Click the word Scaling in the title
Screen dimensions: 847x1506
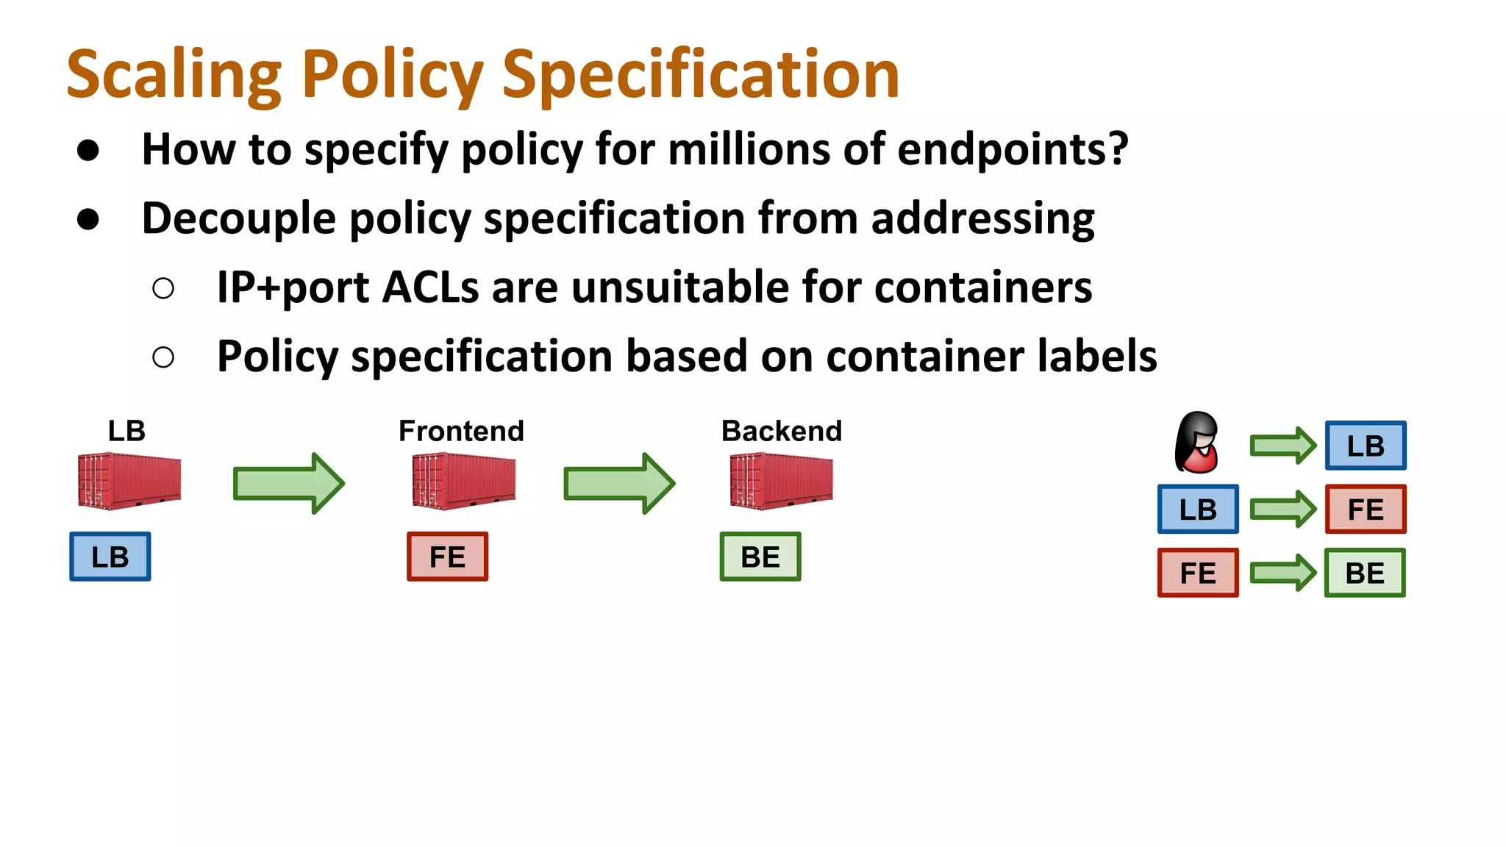point(174,74)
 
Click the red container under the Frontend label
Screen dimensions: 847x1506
point(463,482)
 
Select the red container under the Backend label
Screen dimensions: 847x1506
point(781,482)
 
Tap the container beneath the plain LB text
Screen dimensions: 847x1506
point(129,482)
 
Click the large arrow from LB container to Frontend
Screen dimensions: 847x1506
point(288,483)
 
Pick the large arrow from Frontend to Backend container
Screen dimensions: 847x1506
point(618,483)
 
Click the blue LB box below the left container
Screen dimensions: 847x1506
point(110,557)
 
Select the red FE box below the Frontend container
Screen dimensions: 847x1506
point(447,557)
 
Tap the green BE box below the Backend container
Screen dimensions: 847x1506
point(760,557)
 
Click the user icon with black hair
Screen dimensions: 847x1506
point(1197,443)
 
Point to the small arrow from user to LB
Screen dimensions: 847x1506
point(1282,446)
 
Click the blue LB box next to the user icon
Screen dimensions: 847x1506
point(1366,446)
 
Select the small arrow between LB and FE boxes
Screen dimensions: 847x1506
point(1282,509)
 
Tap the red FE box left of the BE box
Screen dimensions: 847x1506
point(1198,573)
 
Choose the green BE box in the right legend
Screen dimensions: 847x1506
point(1365,573)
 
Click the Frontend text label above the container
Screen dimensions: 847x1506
point(461,431)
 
